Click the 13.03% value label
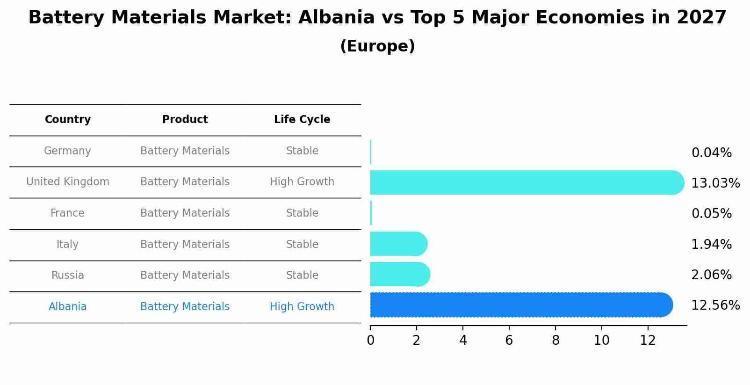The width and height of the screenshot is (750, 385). click(x=715, y=183)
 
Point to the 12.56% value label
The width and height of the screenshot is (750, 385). click(x=715, y=305)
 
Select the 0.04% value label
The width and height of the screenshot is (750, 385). click(x=711, y=153)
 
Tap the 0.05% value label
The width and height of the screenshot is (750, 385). click(x=711, y=214)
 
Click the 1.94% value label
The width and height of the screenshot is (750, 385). click(x=711, y=244)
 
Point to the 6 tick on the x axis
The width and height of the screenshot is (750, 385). click(x=509, y=341)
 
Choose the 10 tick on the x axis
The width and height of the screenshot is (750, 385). click(x=601, y=341)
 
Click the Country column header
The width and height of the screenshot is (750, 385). click(x=68, y=120)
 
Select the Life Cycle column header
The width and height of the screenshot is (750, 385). click(x=302, y=120)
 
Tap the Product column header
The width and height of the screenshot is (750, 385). click(x=185, y=120)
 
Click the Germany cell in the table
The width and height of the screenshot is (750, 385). click(x=67, y=151)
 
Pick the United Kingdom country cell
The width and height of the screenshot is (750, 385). click(x=68, y=182)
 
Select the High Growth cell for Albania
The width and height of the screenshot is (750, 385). click(x=302, y=307)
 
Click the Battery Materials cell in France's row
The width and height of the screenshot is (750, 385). click(x=185, y=213)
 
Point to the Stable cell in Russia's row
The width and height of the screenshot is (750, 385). click(x=302, y=276)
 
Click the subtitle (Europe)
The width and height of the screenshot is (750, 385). click(x=377, y=46)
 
